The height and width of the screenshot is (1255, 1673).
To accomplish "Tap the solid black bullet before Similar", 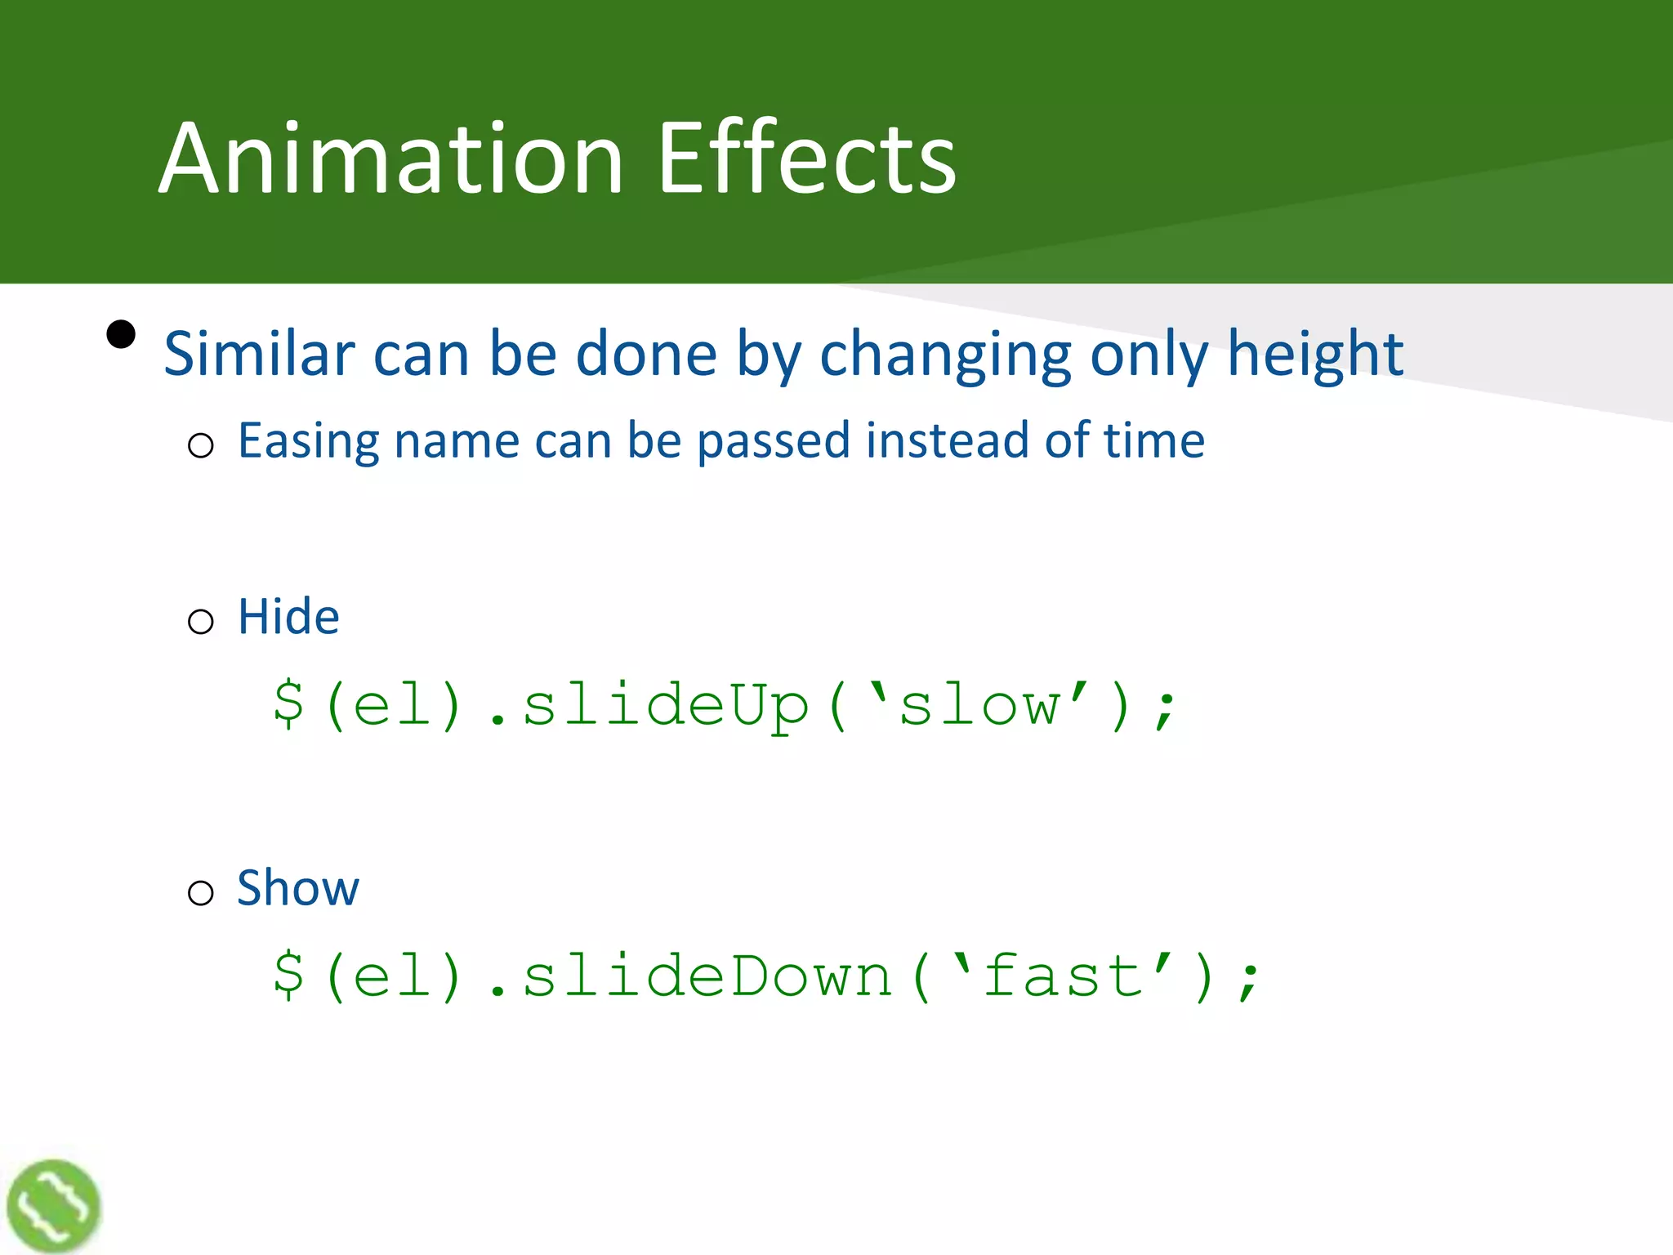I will [121, 334].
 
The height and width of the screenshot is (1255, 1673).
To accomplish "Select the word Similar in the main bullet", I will [259, 354].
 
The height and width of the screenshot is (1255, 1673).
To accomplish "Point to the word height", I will [1315, 354].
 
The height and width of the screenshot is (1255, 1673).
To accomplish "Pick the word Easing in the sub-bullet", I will [309, 442].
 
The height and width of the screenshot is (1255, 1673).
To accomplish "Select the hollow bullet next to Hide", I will [200, 622].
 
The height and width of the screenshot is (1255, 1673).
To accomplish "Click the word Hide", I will [288, 616].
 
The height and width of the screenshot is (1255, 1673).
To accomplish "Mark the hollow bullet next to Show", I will [200, 893].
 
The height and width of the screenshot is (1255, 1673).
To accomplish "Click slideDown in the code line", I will [707, 976].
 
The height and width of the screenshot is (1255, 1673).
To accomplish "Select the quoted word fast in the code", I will [1063, 976].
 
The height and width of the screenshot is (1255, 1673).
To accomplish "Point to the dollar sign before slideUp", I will [289, 704].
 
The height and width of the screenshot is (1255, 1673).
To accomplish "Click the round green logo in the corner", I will [53, 1205].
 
